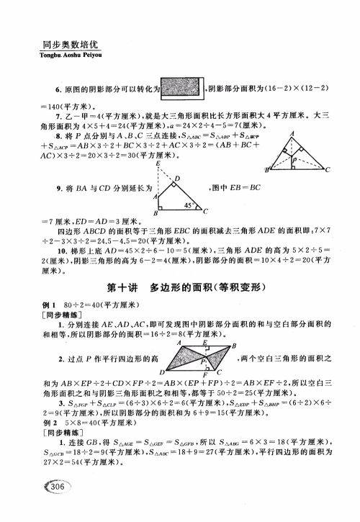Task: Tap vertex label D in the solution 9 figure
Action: tap(177, 179)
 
